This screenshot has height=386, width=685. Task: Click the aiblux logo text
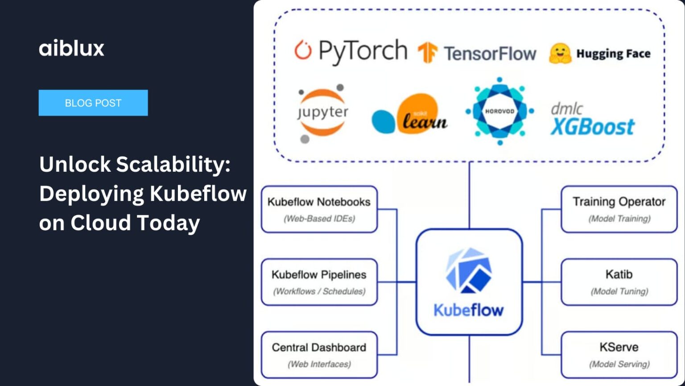(x=71, y=48)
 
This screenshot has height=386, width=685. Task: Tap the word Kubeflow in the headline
(x=198, y=194)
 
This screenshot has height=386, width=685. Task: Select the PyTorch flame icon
(x=303, y=50)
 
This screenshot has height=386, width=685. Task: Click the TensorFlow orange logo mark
(x=427, y=53)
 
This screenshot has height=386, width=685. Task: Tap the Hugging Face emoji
(x=560, y=54)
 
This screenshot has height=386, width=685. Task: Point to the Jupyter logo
(x=322, y=113)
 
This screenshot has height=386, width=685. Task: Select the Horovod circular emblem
(x=499, y=111)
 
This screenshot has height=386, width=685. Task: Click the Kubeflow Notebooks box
(x=319, y=209)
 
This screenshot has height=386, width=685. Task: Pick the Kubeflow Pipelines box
(x=319, y=282)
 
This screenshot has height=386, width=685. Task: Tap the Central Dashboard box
(x=319, y=355)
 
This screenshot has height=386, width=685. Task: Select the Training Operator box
(x=619, y=209)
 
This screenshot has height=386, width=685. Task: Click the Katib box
(x=619, y=282)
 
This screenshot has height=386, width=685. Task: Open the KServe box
(x=619, y=355)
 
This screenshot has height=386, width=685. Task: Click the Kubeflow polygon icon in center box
(x=468, y=271)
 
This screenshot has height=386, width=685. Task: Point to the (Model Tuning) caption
(x=619, y=291)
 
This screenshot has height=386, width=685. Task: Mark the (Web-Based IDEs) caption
(x=319, y=219)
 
